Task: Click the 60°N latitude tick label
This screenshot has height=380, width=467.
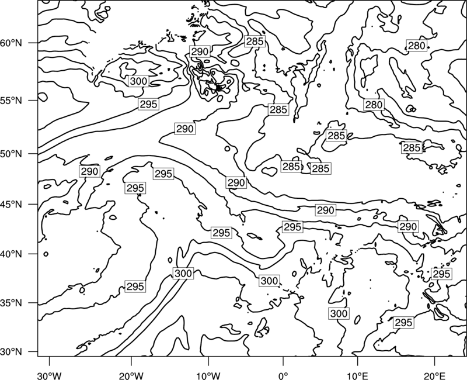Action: click(x=11, y=43)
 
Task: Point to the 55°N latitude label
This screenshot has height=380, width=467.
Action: click(x=11, y=101)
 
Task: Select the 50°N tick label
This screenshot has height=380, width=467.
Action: click(x=11, y=154)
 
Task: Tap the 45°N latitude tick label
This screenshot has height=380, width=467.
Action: click(x=11, y=204)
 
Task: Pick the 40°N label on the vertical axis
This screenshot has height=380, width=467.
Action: click(x=11, y=254)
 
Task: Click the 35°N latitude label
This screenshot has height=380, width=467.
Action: click(x=11, y=303)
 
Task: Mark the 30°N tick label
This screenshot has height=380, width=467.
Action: click(x=11, y=352)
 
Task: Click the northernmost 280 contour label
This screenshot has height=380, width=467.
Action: click(x=417, y=46)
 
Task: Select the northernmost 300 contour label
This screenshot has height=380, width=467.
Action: click(x=138, y=81)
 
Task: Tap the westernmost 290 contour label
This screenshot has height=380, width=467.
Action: click(x=89, y=171)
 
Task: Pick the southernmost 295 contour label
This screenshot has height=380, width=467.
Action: click(x=403, y=323)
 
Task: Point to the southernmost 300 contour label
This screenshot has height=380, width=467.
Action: click(x=339, y=313)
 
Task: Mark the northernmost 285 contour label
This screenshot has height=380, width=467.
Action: click(x=255, y=41)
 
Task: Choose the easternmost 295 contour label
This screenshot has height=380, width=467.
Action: click(x=441, y=274)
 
